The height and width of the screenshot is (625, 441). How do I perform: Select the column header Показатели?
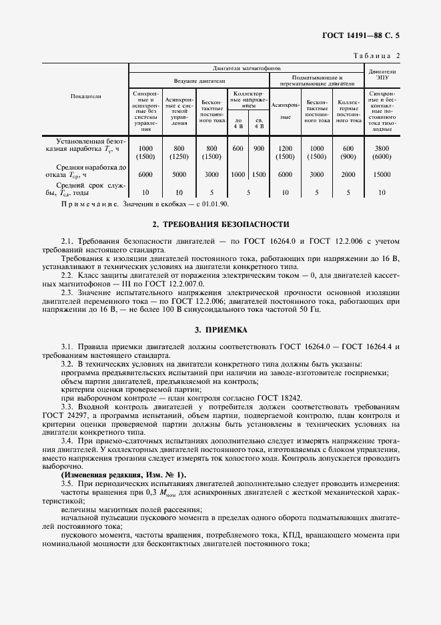pos(85,97)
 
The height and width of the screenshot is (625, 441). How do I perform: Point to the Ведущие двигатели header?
pos(197,81)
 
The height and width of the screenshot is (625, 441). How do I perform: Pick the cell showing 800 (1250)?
pos(178,152)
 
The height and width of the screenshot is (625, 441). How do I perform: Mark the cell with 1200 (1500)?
pos(285,152)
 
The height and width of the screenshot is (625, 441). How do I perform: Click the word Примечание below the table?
pos(89,204)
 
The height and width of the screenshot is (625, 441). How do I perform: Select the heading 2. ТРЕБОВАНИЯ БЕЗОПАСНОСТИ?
pos(221,224)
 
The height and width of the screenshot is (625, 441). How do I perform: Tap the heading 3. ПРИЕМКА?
pos(221,329)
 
